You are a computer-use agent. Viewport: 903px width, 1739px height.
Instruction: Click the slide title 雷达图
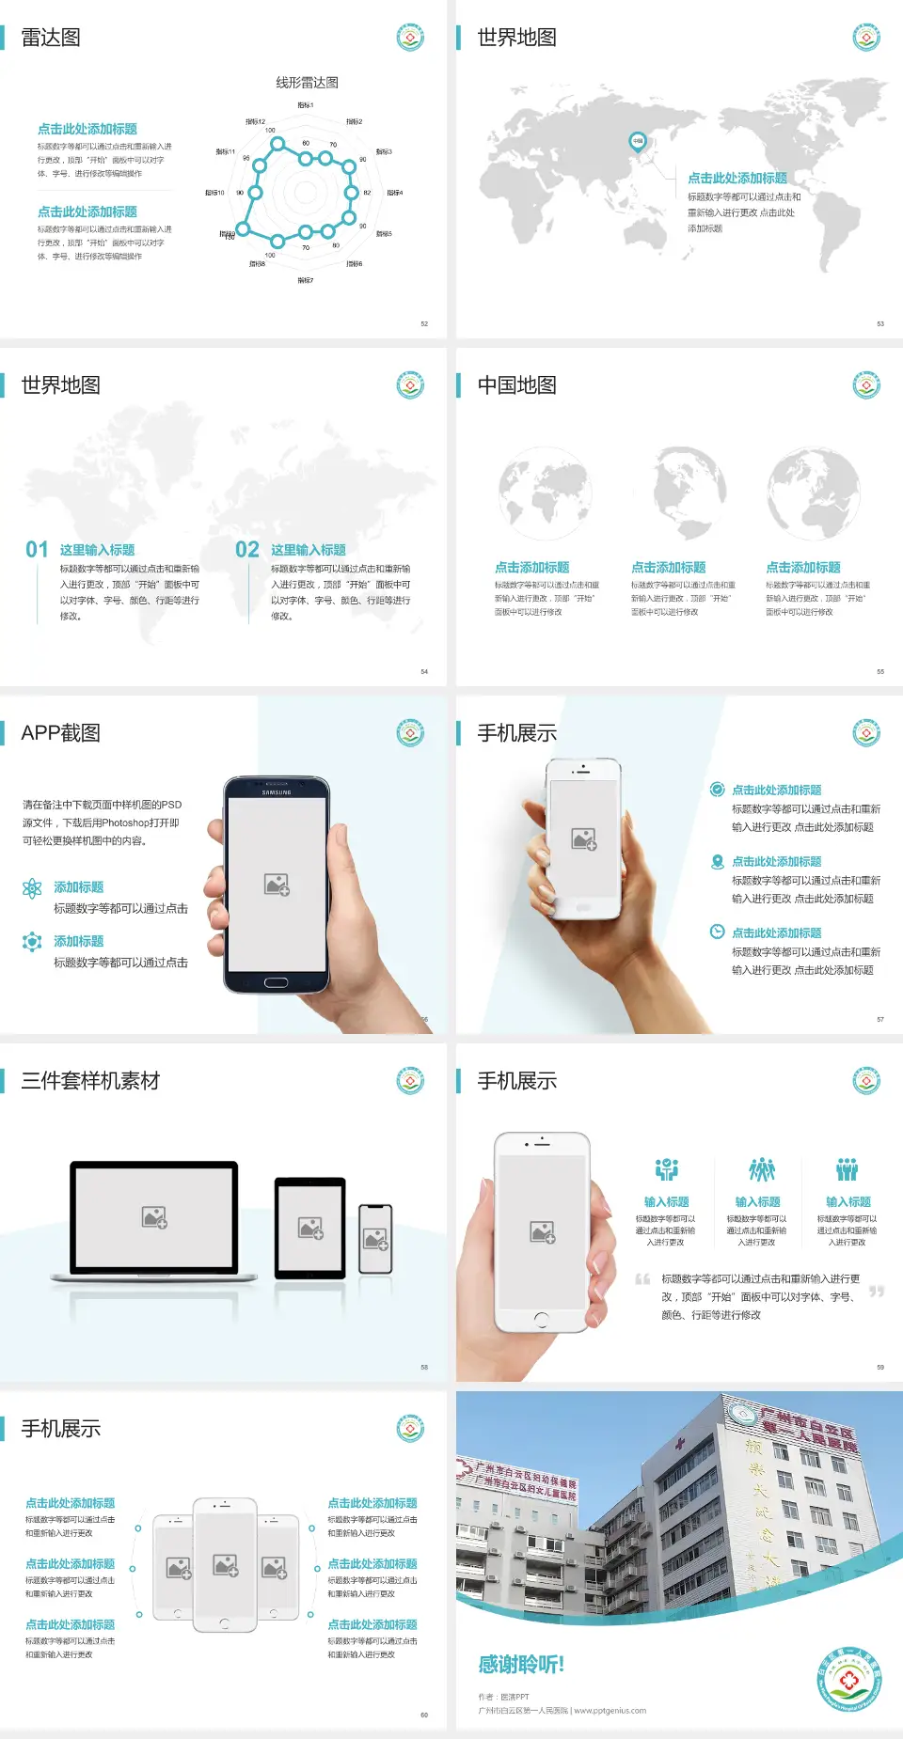tap(51, 38)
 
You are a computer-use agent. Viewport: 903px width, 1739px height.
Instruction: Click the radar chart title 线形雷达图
tap(307, 83)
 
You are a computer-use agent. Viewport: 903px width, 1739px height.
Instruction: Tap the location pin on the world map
tap(637, 142)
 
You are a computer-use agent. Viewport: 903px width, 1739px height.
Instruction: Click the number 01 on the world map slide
tap(37, 549)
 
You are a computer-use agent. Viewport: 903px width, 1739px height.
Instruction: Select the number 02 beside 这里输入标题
tap(247, 549)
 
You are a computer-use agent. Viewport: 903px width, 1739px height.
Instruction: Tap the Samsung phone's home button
tap(276, 982)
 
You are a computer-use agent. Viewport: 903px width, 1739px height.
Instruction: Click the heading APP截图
tap(61, 733)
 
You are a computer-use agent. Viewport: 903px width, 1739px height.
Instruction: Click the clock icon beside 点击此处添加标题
tap(717, 932)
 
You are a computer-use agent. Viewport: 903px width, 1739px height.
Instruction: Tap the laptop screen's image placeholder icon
tap(154, 1217)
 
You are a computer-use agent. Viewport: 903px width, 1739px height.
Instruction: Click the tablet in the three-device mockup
tap(310, 1227)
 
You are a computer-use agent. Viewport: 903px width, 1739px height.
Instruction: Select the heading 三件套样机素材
tap(90, 1081)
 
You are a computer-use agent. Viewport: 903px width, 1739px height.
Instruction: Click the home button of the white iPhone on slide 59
tap(541, 1320)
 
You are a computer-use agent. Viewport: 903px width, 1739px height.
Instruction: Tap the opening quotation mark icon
tap(642, 1278)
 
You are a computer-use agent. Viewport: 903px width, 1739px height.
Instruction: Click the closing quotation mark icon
tap(876, 1292)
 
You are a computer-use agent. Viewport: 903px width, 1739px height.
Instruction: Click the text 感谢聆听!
tap(521, 1665)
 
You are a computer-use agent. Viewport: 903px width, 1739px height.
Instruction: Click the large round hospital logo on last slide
tap(849, 1680)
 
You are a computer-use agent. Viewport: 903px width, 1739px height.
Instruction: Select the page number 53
tap(880, 323)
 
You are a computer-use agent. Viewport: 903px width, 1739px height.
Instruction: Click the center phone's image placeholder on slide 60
tap(225, 1565)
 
